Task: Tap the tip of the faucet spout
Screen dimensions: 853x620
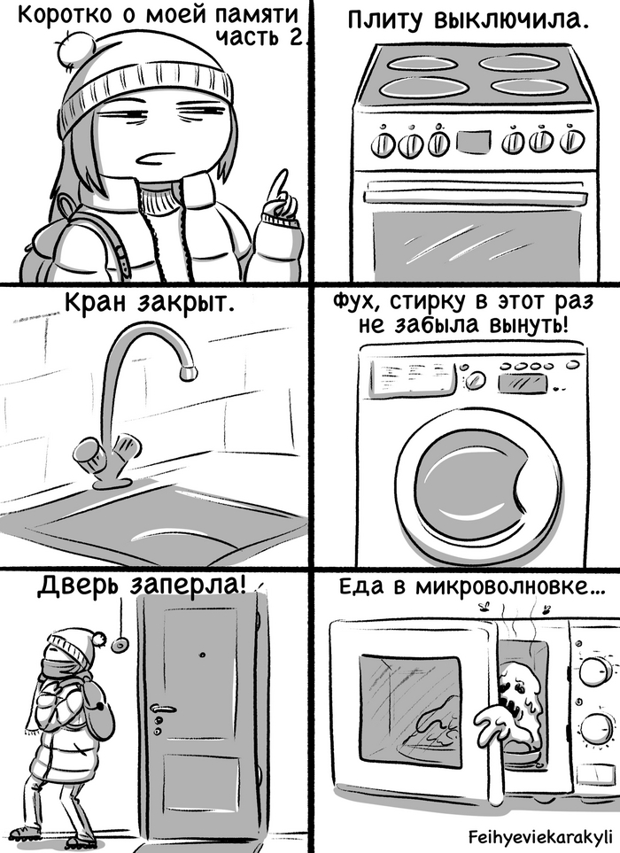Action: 188,372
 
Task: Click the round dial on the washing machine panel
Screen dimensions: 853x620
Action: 475,380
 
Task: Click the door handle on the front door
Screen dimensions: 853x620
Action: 163,709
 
